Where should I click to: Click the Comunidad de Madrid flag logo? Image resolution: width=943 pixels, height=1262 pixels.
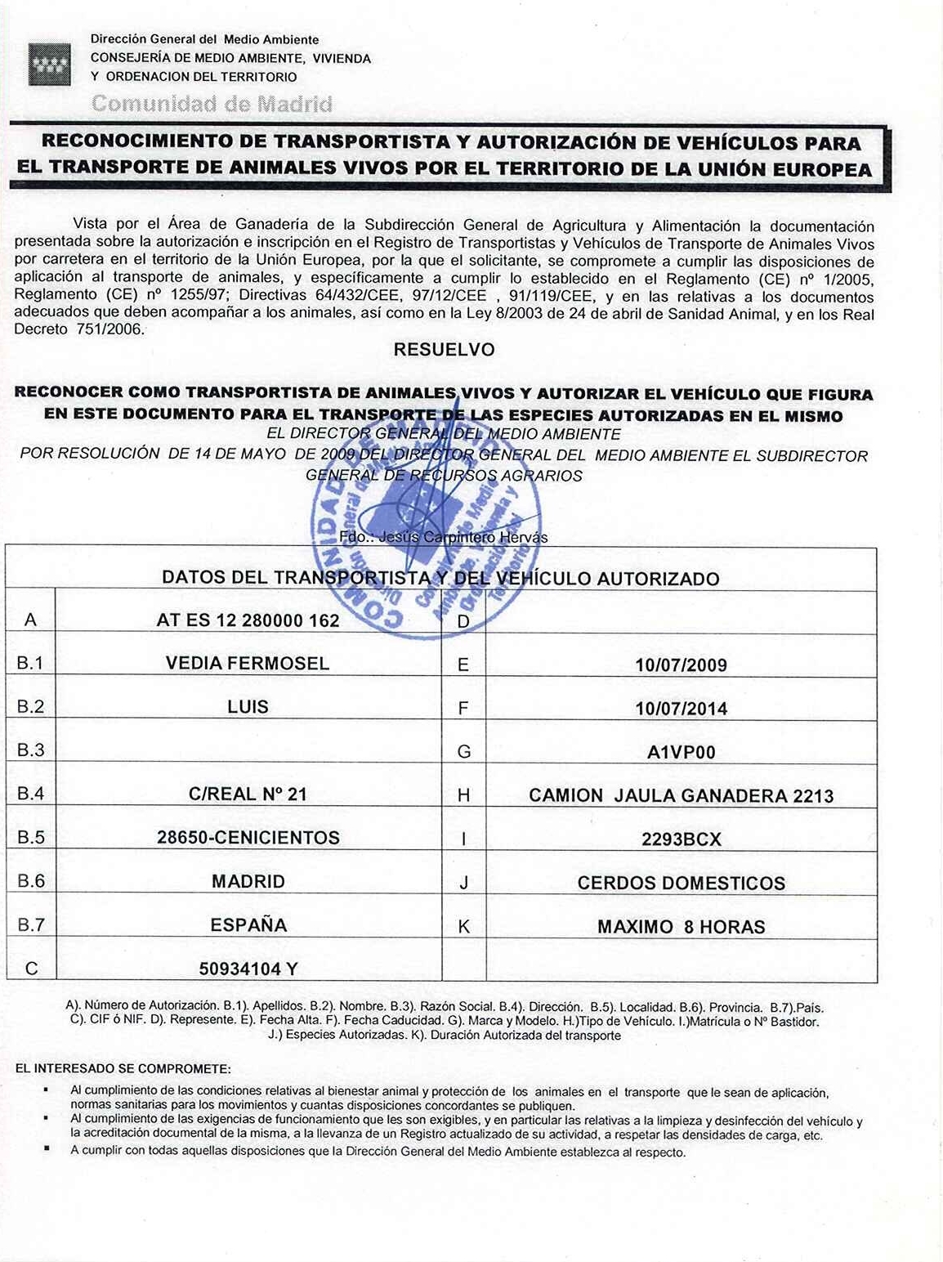49,64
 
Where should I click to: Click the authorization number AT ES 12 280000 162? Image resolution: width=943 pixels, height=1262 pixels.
248,620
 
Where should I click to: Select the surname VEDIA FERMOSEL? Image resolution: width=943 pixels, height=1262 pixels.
248,663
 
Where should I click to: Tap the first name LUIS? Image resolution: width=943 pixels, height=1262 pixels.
248,707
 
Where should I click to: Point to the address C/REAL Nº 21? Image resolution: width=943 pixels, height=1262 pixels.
248,794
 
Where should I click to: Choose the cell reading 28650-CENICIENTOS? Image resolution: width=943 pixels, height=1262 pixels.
248,838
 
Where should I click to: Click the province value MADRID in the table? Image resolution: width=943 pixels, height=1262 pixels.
248,882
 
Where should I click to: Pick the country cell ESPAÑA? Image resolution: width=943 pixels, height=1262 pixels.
248,925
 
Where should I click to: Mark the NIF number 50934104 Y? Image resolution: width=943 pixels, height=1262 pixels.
248,969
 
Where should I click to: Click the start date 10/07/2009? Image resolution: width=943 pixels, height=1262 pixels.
681,665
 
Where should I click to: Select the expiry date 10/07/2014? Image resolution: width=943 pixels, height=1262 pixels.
681,709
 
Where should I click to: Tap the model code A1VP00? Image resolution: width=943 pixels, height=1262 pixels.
681,752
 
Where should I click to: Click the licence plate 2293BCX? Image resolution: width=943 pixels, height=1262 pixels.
681,839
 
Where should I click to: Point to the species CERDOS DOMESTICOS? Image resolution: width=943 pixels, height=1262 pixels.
681,884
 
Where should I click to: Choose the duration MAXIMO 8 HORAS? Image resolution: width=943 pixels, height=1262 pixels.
681,927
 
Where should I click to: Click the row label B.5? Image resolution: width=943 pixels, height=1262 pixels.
30,838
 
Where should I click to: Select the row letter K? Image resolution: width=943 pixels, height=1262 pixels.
463,927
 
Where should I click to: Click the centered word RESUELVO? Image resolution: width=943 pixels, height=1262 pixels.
444,350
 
